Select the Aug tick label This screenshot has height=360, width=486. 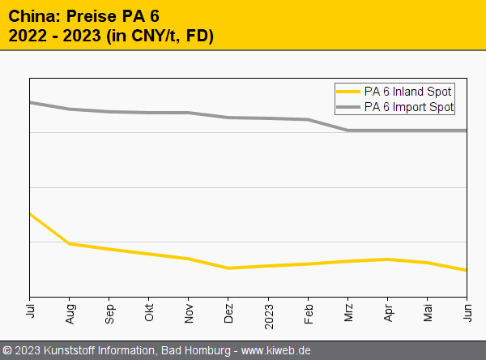point(70,312)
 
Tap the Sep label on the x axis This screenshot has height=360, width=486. point(109,312)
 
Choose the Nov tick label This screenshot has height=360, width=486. point(189,312)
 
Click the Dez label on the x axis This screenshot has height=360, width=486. point(228,312)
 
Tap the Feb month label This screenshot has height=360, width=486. point(309,312)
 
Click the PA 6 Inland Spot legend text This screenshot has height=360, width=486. point(408,92)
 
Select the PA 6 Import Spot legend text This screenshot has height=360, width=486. point(409,106)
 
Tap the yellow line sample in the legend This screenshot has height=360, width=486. point(349,92)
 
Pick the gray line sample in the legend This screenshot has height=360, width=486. point(349,106)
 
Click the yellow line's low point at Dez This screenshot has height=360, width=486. point(228,268)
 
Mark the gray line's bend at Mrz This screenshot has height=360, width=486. point(348,130)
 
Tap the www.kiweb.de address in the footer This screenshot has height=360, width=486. point(276,350)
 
